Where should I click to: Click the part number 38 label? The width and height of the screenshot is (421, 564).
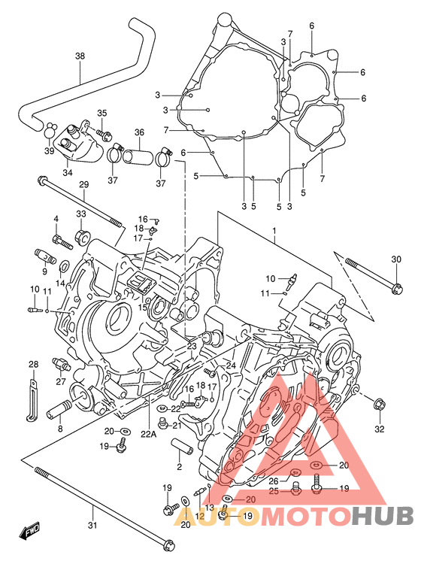click(80, 56)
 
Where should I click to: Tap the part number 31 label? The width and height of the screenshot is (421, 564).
click(92, 525)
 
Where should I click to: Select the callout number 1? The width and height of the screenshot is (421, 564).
click(274, 230)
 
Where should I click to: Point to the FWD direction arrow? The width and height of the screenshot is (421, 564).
click(30, 531)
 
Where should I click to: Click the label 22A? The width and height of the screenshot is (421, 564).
click(149, 434)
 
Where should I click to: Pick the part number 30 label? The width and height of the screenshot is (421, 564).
click(396, 259)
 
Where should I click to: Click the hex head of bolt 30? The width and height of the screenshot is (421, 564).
click(397, 288)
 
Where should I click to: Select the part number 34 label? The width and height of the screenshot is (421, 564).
click(68, 173)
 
